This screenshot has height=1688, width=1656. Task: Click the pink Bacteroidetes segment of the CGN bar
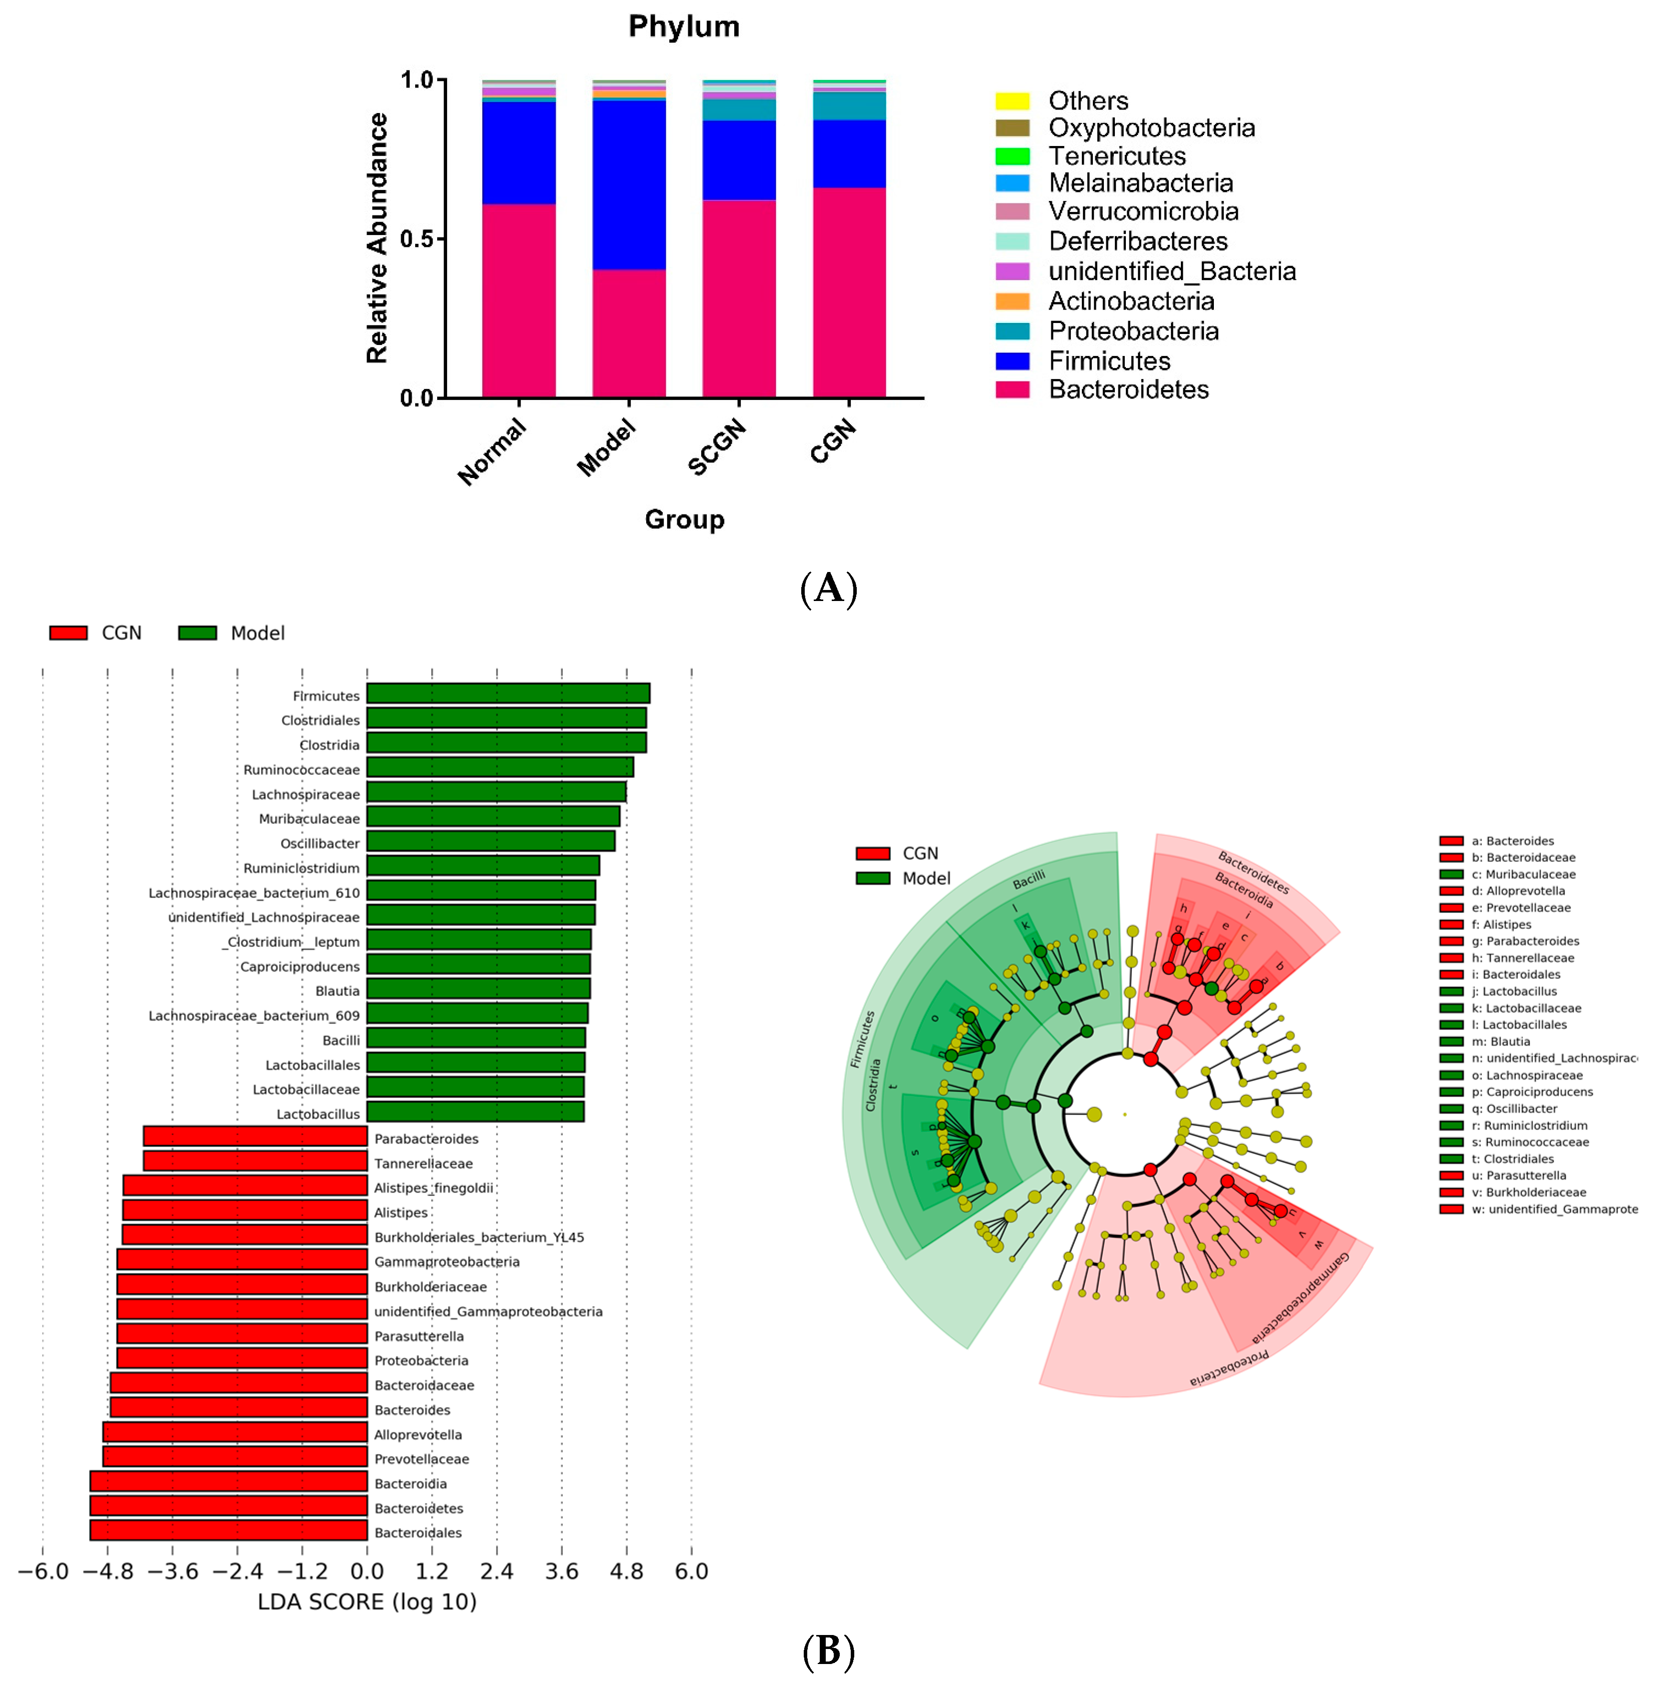tap(849, 292)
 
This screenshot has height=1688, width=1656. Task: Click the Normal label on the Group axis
tap(492, 450)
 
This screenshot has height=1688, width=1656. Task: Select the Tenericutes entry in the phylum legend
tap(1117, 156)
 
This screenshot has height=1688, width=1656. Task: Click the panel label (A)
tap(828, 589)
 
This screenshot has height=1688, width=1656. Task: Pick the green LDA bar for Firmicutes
tap(508, 693)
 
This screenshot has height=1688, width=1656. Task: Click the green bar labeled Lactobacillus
tap(475, 1111)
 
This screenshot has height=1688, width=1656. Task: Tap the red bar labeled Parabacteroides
tap(255, 1136)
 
